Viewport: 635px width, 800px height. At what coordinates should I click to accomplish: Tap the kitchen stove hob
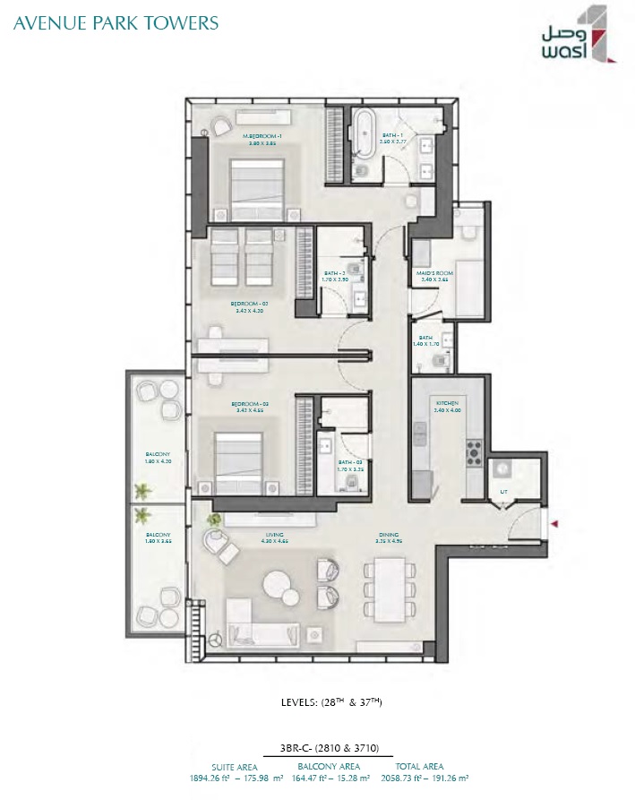[x=473, y=452]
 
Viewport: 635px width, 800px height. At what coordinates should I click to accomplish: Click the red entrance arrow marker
[x=556, y=523]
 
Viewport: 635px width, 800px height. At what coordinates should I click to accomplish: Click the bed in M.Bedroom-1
[x=257, y=185]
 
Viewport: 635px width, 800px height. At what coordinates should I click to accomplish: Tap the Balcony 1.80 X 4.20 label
[x=158, y=458]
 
